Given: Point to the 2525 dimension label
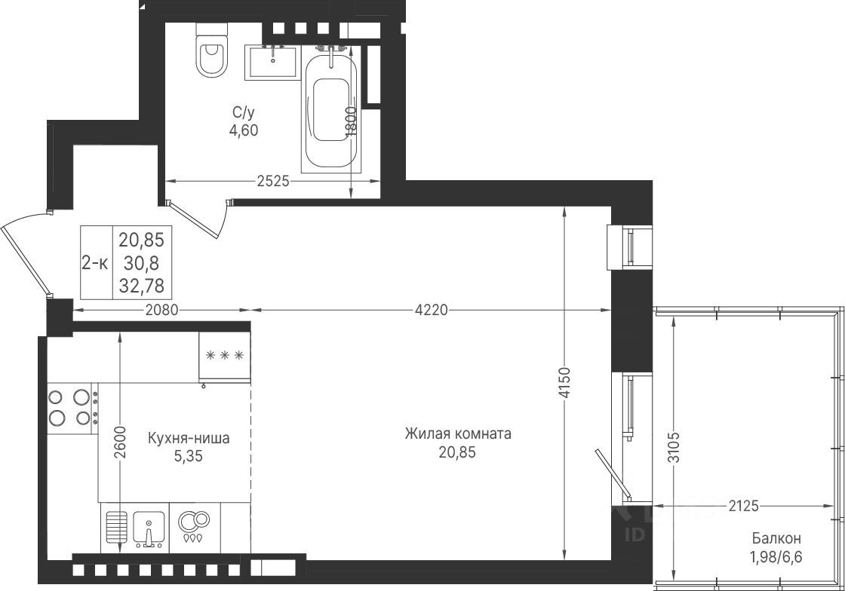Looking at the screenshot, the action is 273,182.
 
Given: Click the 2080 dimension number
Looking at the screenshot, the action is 162,310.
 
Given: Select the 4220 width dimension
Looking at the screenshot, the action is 431,310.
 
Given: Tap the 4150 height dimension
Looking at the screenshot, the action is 564,383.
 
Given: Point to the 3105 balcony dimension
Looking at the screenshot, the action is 673,447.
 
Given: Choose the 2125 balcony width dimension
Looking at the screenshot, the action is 744,506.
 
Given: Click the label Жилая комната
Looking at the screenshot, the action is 458,434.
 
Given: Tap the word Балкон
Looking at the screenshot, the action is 776,537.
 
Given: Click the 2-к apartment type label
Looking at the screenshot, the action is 95,263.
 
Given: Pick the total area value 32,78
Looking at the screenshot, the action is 142,286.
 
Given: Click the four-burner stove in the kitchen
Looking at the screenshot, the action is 72,409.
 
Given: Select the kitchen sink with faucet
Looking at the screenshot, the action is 148,528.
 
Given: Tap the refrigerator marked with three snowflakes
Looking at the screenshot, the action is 225,356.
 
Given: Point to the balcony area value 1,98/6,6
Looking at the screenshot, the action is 776,557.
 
